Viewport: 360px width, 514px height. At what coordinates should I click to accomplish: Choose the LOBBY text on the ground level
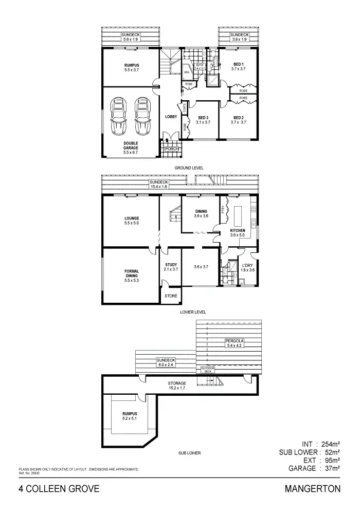pos(171,117)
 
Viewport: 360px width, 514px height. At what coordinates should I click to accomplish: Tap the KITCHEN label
pos(238,230)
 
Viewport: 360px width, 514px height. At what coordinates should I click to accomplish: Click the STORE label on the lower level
pos(171,296)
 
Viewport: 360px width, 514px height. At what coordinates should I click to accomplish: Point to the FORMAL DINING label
pos(132,273)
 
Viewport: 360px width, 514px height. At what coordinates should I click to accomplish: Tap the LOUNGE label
pos(132,218)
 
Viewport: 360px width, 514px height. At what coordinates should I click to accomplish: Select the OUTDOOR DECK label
pos(207,370)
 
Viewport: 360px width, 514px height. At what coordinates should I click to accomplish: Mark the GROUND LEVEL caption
pos(190,168)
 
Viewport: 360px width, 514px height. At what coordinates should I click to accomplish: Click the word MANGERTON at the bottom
pos(313,489)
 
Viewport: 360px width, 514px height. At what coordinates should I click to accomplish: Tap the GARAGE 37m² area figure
pos(314,468)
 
